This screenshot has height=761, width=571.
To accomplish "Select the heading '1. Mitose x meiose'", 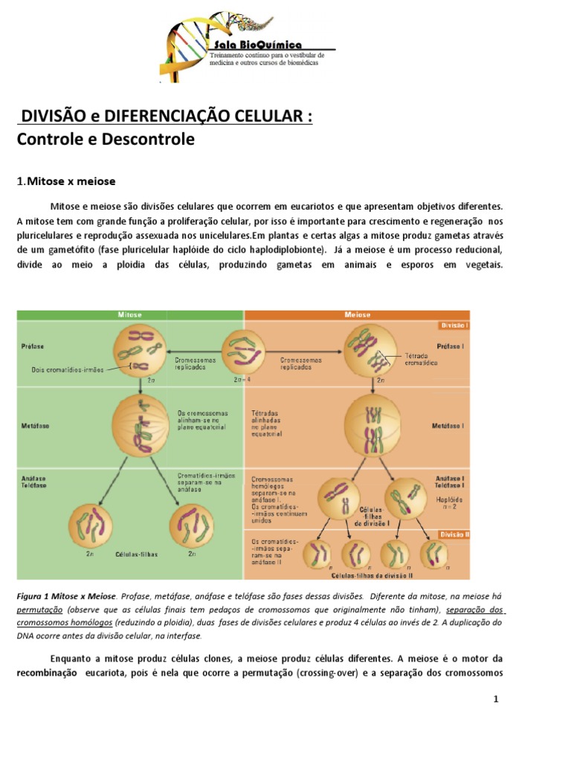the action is point(67,181).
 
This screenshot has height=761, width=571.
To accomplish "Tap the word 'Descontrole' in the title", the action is point(150,139).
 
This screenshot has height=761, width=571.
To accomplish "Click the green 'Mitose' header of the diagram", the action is point(130,315).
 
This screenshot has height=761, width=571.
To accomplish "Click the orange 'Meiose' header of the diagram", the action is point(357,315).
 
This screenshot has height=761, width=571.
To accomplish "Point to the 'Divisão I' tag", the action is point(454,326).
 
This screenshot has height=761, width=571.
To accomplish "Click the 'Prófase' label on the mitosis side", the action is point(33,346).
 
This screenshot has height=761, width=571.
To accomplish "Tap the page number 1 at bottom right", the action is point(495,700).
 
